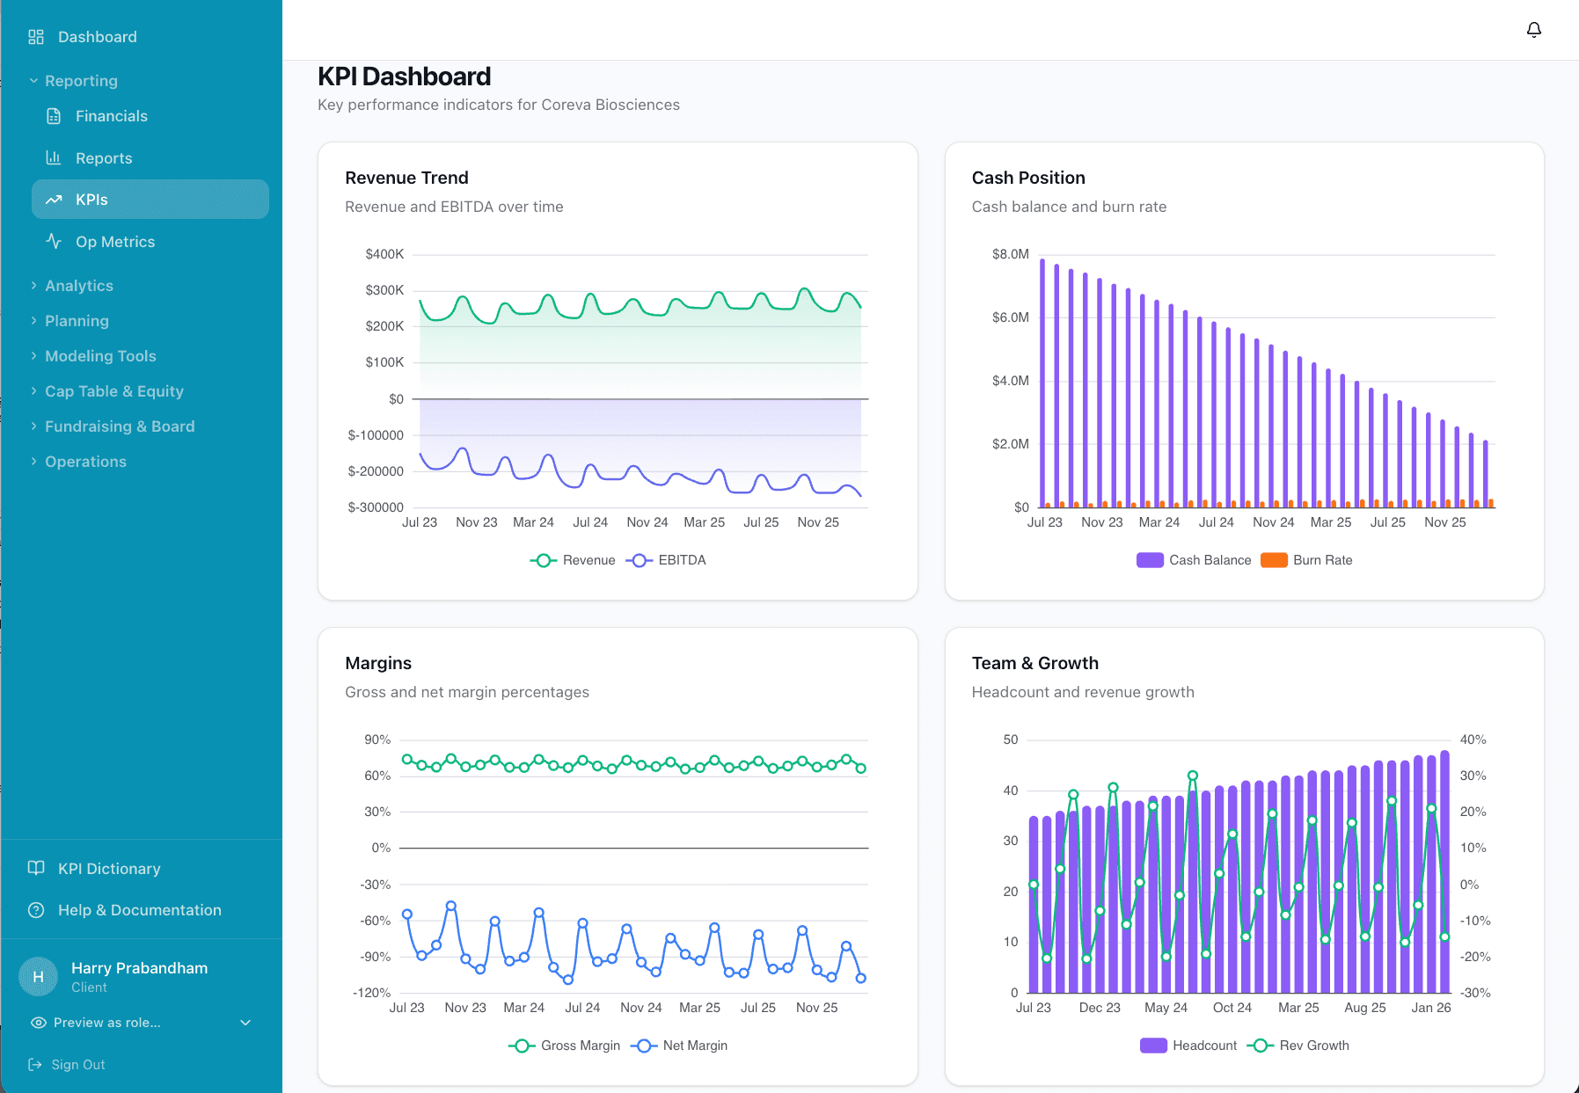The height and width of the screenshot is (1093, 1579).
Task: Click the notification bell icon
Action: pos(1533,30)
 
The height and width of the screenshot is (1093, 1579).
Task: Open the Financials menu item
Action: pos(111,116)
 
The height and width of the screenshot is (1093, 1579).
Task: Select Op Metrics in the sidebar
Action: pos(114,242)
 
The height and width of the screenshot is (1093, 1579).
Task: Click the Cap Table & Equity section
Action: pos(113,391)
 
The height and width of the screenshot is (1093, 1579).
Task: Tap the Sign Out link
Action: pos(77,1065)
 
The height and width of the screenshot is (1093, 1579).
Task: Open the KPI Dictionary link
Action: pos(109,869)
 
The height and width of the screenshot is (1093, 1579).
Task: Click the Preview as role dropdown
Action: pos(141,1023)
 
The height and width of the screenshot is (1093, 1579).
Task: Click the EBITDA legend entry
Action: pos(668,560)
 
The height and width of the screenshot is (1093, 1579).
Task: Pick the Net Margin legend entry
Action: pos(680,1046)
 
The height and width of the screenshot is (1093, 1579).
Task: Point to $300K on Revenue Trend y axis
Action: pos(384,290)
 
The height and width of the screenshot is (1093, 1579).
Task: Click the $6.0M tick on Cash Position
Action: pos(1010,317)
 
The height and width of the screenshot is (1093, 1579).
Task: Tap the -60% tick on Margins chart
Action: pos(375,921)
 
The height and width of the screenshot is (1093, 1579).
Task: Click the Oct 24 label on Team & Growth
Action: pos(1232,1008)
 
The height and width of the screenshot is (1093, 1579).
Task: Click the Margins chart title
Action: pos(378,663)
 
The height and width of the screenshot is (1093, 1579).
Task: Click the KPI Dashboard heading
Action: pos(404,77)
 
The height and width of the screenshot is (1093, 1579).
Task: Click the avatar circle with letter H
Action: pos(38,977)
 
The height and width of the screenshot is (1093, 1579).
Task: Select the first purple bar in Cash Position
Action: pos(1042,383)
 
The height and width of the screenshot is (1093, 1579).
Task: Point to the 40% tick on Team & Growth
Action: pos(1473,740)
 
